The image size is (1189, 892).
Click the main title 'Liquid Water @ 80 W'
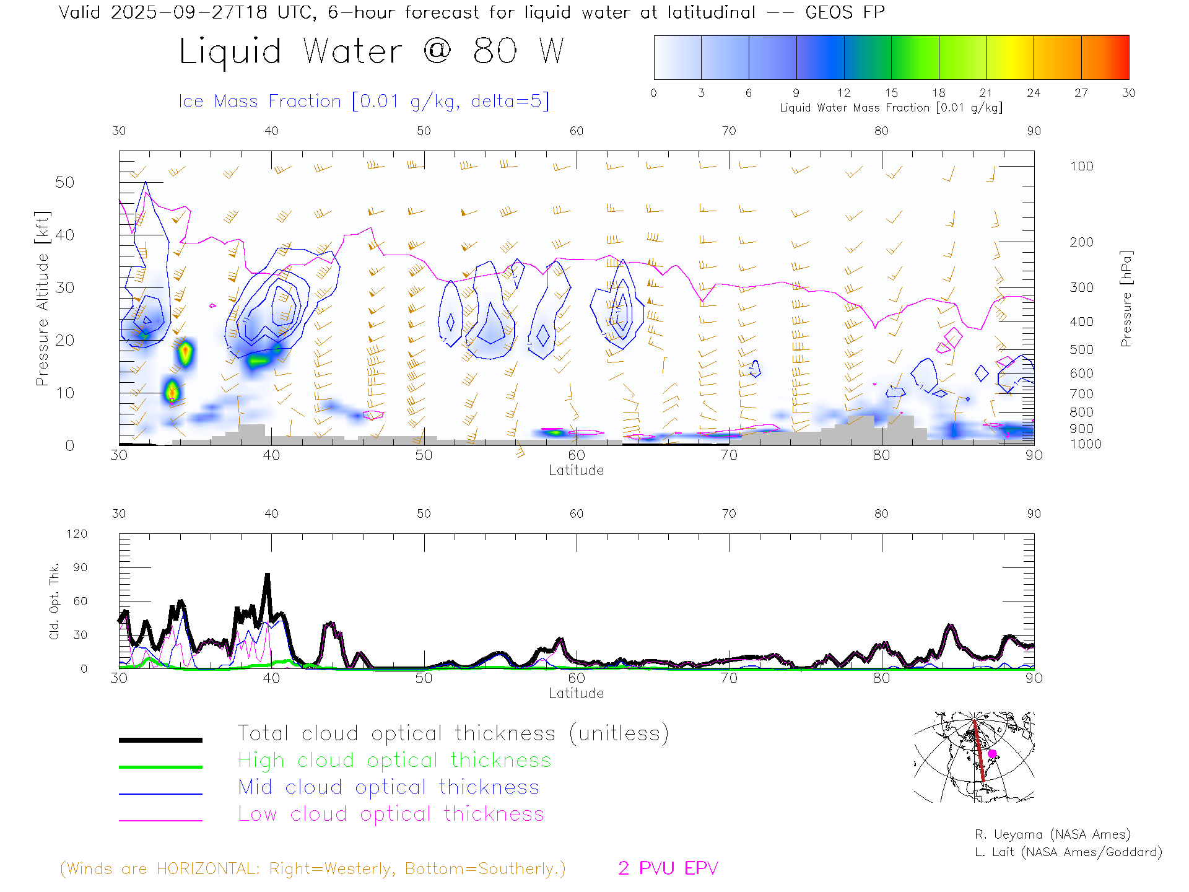click(x=372, y=51)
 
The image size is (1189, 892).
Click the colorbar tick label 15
click(x=891, y=93)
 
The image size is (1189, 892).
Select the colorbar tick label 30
click(x=1128, y=93)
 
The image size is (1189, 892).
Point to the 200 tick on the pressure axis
click(x=1081, y=242)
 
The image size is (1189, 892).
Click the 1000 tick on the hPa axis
click(x=1086, y=444)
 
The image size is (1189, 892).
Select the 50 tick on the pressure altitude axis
click(x=64, y=182)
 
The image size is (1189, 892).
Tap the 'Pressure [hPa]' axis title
click(x=1126, y=299)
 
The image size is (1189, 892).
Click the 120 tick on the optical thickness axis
click(x=77, y=534)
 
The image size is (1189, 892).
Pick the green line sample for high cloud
click(x=160, y=767)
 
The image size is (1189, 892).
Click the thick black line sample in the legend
click(x=160, y=740)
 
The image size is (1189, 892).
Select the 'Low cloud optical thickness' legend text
click(x=391, y=814)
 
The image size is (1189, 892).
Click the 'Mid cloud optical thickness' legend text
click(x=388, y=787)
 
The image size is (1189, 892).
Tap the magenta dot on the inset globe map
click(x=992, y=754)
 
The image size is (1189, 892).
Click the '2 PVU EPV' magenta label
click(x=668, y=868)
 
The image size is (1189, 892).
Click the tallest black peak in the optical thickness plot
click(x=268, y=575)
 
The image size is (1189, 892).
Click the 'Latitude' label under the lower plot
click(x=576, y=693)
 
